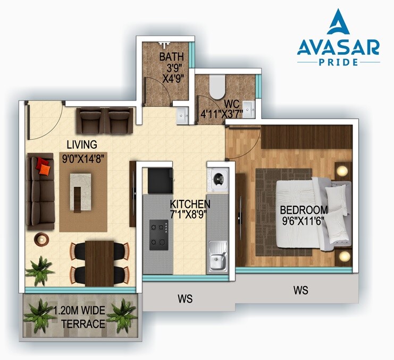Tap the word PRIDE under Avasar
338,62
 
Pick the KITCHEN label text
190,204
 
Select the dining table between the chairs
100,262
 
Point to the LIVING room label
81,145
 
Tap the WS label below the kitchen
185,299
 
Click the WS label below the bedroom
300,291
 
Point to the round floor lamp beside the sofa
40,238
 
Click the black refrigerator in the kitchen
158,181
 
